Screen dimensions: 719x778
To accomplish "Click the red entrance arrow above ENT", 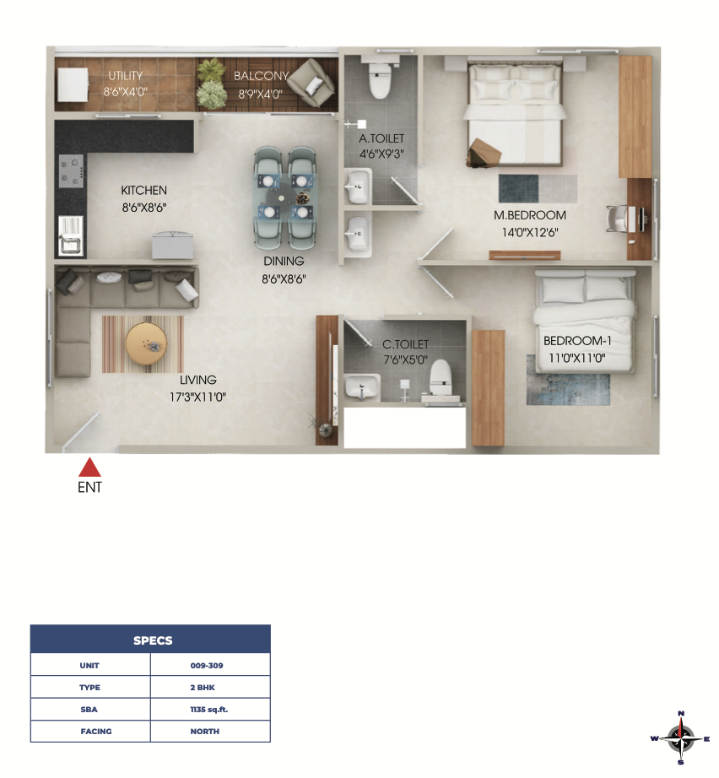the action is point(89,467).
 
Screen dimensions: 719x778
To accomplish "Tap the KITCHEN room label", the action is point(144,191).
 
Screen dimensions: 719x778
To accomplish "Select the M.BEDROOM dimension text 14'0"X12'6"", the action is point(530,232).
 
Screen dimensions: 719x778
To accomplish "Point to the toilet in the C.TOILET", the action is point(441,376).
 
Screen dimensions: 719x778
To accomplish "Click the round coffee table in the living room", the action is point(146,343).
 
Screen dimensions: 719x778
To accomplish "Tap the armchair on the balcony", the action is point(311,83).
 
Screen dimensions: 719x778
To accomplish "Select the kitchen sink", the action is point(71,235).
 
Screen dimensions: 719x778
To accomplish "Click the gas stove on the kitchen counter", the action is point(71,170).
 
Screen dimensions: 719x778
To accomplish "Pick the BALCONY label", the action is point(261,76).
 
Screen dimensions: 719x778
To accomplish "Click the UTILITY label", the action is point(126,75).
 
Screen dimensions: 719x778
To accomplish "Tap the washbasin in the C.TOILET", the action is point(362,386).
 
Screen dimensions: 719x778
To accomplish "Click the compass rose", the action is point(680,738).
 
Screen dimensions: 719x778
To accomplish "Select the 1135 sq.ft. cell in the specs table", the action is point(210,709).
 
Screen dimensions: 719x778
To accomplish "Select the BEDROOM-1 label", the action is point(577,341).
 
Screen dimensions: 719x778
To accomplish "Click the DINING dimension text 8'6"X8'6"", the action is point(284,278).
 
